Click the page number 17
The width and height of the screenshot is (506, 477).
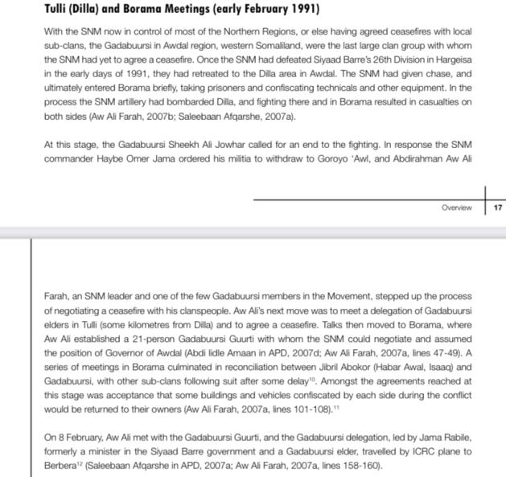(x=498, y=207)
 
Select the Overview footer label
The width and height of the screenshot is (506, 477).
(x=456, y=207)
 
